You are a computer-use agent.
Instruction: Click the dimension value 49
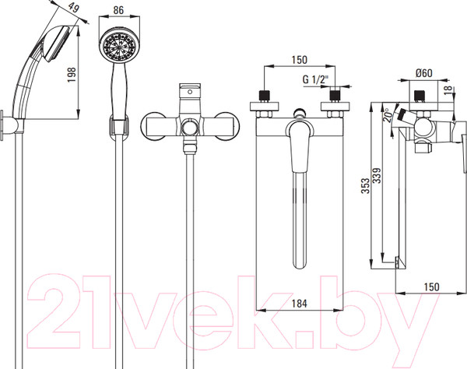tap(73, 8)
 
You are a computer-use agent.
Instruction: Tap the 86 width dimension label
tap(118, 10)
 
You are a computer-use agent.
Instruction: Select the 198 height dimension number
tap(72, 75)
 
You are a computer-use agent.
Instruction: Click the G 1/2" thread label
tap(315, 79)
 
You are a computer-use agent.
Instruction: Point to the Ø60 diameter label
tap(424, 73)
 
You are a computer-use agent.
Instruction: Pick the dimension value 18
tap(448, 90)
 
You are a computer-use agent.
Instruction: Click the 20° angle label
tap(387, 115)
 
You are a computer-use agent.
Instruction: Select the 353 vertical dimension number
tap(365, 186)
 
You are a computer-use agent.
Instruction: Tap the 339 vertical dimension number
tap(377, 176)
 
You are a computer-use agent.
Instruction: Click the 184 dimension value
tap(299, 304)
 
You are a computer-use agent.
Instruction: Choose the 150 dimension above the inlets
tap(299, 60)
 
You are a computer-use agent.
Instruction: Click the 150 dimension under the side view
tap(431, 286)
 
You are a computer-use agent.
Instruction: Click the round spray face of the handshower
tap(119, 45)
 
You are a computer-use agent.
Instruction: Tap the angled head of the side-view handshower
tap(56, 44)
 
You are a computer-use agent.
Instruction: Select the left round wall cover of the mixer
tap(154, 125)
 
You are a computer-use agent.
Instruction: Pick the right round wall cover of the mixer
tap(227, 125)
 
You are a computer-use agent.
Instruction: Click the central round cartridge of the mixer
tap(191, 128)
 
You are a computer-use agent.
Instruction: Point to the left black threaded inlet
tap(265, 96)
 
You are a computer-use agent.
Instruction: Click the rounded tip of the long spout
tap(300, 264)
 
